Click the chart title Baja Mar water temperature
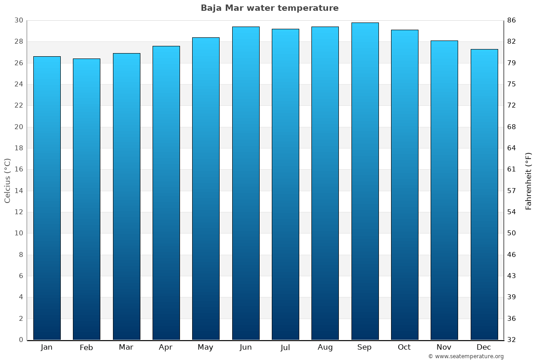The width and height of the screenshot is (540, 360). pyautogui.click(x=270, y=8)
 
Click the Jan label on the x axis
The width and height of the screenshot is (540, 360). pyautogui.click(x=47, y=347)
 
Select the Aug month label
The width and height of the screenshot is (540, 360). pyautogui.click(x=325, y=347)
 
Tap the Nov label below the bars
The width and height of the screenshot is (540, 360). pyautogui.click(x=444, y=347)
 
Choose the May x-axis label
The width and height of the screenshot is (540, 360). pyautogui.click(x=206, y=347)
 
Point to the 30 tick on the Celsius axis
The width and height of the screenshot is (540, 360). pyautogui.click(x=18, y=20)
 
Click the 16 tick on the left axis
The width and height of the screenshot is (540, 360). pyautogui.click(x=18, y=170)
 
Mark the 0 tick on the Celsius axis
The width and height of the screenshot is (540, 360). pyautogui.click(x=21, y=340)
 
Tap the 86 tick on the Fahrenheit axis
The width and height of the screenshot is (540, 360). pyautogui.click(x=512, y=20)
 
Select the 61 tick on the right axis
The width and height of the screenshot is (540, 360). pyautogui.click(x=512, y=170)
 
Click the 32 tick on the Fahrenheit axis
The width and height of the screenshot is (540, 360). pyautogui.click(x=512, y=340)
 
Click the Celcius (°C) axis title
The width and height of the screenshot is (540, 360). pyautogui.click(x=7, y=180)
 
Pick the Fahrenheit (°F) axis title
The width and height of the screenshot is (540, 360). pyautogui.click(x=529, y=180)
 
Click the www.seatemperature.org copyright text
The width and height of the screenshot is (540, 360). pyautogui.click(x=465, y=356)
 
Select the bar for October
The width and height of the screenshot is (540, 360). pyautogui.click(x=405, y=185)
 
